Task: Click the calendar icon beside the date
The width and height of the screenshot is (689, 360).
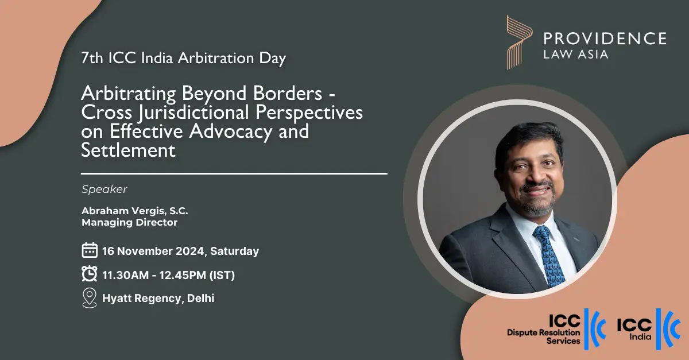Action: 90,250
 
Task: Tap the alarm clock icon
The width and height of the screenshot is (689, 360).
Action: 90,273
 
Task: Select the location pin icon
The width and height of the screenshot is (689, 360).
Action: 90,298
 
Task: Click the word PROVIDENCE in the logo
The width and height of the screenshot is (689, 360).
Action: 605,38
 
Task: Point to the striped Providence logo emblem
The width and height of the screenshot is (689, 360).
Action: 520,42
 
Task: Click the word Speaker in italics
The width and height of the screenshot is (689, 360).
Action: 104,189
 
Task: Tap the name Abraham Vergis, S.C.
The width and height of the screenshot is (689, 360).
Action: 135,211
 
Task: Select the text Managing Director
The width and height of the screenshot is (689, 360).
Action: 130,222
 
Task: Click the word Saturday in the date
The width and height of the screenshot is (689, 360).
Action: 234,251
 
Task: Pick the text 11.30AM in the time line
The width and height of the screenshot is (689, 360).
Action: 126,275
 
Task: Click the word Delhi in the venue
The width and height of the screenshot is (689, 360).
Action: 200,298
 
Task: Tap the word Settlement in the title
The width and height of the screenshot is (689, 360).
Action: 128,150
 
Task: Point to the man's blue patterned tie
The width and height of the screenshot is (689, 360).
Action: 549,256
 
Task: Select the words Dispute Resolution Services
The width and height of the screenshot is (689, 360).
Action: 544,336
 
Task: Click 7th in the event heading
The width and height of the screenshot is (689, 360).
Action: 92,58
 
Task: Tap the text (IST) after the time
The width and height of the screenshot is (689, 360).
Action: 222,275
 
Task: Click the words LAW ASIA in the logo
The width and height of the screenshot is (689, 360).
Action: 576,55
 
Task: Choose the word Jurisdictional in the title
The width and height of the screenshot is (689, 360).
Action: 194,113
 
